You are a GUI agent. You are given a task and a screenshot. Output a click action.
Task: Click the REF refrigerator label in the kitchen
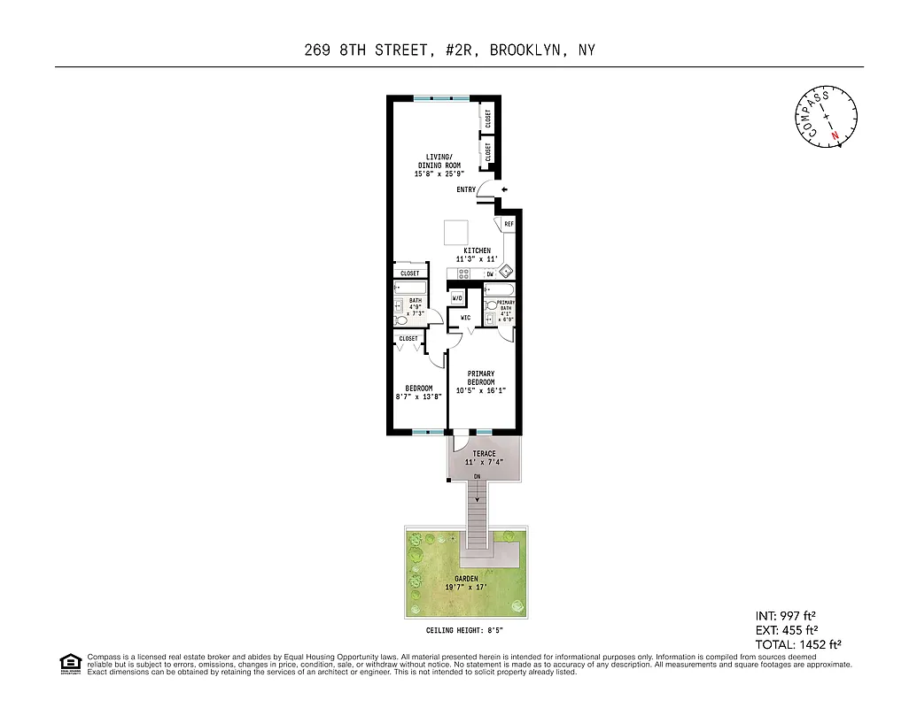[509, 225]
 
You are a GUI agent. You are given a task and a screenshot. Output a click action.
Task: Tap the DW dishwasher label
[489, 274]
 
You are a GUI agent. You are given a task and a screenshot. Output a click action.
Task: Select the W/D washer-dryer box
[457, 298]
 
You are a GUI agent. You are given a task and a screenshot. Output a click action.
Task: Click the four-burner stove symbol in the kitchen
[464, 273]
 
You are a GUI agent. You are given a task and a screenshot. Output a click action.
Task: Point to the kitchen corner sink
[507, 272]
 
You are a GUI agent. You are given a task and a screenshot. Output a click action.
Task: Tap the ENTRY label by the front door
[466, 190]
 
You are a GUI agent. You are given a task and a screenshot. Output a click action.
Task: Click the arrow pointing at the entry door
[504, 189]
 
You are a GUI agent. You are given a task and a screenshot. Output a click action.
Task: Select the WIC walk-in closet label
[465, 318]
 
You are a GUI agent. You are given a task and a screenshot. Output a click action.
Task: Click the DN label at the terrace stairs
[477, 477]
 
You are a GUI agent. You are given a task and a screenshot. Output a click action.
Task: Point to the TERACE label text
[484, 454]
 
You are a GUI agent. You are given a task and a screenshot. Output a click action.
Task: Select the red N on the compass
[835, 135]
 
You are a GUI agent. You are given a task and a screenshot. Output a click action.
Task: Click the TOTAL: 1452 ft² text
[797, 645]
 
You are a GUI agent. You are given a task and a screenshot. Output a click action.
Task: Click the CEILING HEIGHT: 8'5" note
[464, 630]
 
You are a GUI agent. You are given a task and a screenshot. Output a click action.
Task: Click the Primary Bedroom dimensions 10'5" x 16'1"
[480, 390]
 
